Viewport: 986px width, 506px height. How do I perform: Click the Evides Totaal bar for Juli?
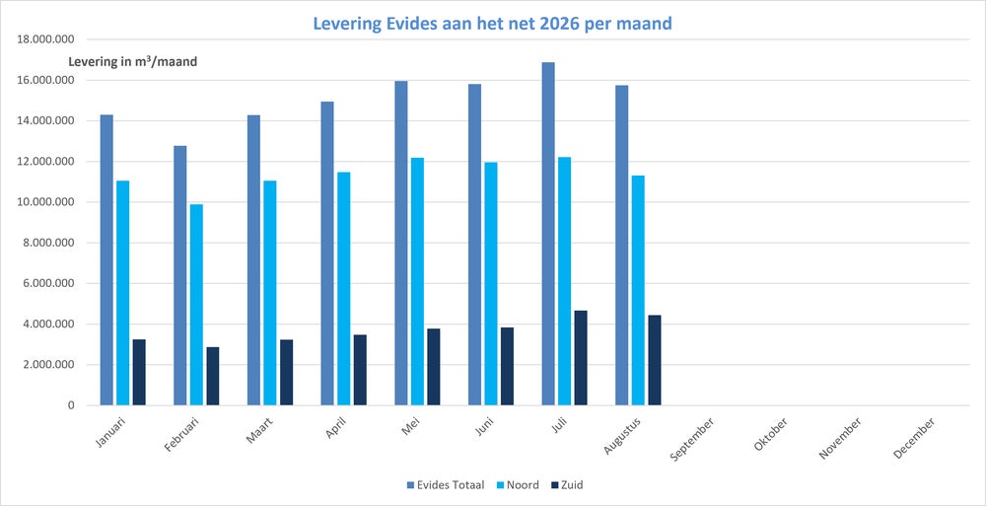547,234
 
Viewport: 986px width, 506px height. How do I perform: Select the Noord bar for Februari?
196,305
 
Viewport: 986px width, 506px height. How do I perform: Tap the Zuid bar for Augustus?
655,360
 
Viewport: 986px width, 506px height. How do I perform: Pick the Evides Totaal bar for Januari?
106,260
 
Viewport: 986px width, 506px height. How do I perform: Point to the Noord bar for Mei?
417,281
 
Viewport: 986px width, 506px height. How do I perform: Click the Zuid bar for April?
360,370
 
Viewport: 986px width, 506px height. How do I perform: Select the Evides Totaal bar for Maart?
253,260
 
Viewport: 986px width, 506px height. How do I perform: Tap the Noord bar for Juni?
490,284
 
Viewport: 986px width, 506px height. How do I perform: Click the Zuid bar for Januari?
139,373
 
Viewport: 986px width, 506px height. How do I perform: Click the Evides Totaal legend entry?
446,484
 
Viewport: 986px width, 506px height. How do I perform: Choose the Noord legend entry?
519,484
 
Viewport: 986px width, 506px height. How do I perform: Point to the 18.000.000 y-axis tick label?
47,39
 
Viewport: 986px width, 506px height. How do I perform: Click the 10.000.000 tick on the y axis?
47,202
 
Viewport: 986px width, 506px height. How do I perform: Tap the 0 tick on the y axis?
71,405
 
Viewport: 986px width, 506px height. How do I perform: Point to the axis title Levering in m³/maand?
133,62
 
